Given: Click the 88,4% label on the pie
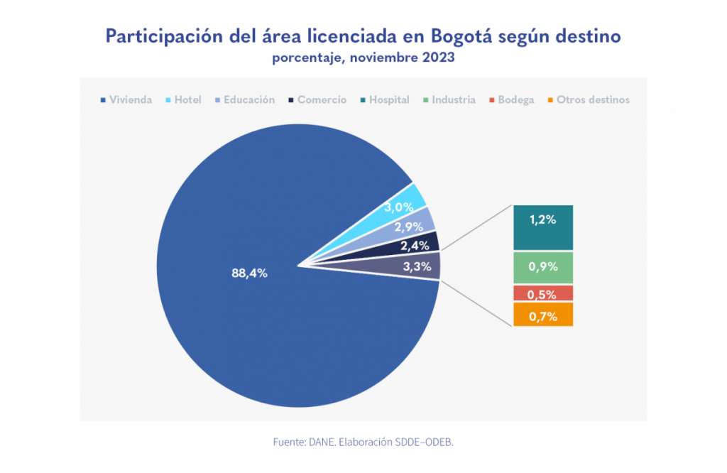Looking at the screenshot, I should (248, 273).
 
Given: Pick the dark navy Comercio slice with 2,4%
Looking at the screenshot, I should (416, 246).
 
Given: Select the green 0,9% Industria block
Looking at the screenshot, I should (542, 268).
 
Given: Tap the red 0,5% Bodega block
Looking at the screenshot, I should (542, 293).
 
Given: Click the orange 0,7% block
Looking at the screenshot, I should (542, 315).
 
